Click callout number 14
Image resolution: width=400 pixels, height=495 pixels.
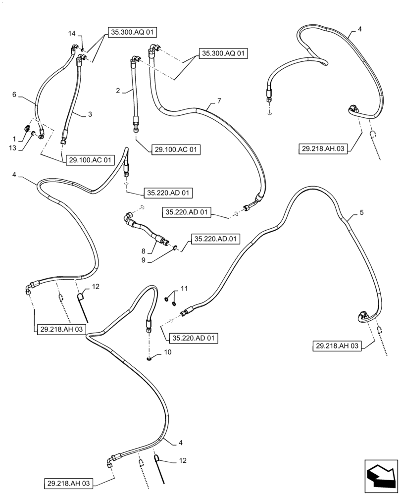72,33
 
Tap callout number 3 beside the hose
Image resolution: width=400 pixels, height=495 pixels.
90,114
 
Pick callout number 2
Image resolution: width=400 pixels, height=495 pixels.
118,90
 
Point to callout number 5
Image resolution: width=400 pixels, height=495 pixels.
361,212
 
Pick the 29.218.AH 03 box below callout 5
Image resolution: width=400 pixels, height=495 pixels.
339,346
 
